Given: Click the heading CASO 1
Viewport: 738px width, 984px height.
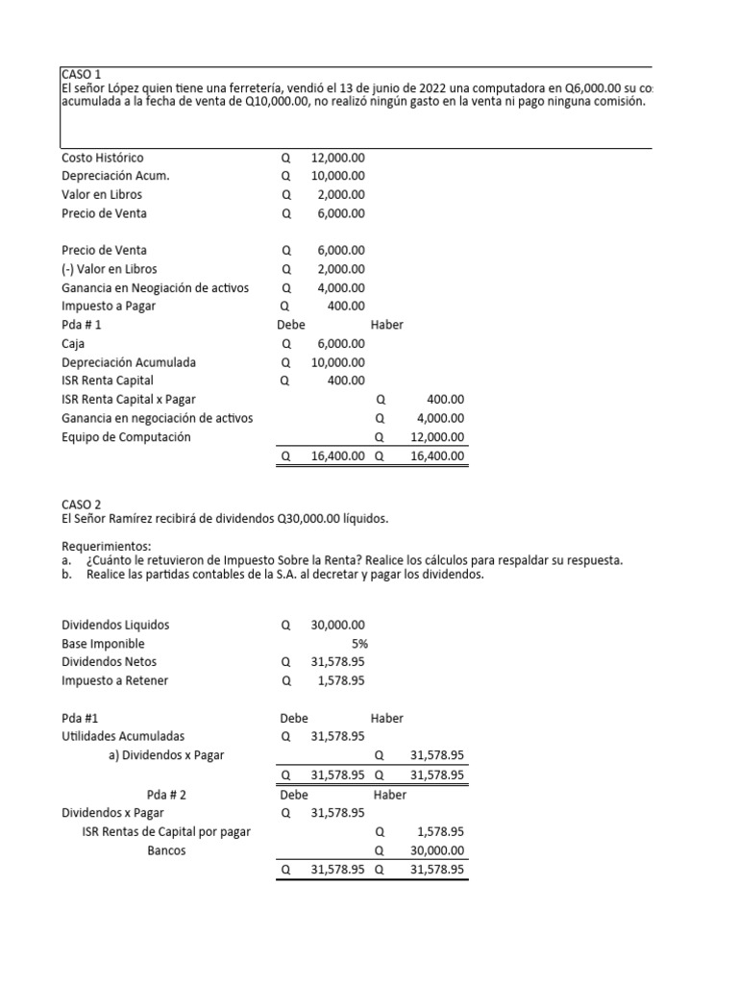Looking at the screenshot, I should tap(81, 74).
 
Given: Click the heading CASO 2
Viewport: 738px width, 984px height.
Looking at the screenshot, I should tap(81, 504).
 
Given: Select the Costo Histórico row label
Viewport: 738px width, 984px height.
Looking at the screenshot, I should tap(103, 158).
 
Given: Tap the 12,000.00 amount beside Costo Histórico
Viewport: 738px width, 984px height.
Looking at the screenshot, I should tap(337, 158).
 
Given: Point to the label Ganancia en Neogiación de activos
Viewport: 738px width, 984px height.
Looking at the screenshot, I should tap(155, 287).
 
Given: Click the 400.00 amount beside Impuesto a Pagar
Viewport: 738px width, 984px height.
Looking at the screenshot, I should tap(346, 306).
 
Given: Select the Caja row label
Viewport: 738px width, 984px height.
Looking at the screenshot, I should tap(74, 343).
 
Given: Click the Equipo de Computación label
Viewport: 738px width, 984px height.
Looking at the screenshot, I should tap(126, 436).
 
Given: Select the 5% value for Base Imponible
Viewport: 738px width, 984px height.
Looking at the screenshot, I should tap(359, 643).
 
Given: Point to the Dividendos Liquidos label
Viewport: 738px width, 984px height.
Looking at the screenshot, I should tap(115, 625).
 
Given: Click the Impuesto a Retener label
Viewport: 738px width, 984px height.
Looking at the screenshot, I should tap(120, 680).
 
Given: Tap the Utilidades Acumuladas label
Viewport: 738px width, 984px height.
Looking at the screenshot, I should tap(123, 736).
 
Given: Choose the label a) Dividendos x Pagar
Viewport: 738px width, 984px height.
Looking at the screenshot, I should tap(166, 754).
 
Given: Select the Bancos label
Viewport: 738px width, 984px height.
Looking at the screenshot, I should tap(167, 850).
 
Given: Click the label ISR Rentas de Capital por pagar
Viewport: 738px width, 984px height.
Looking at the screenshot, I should tap(166, 831).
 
